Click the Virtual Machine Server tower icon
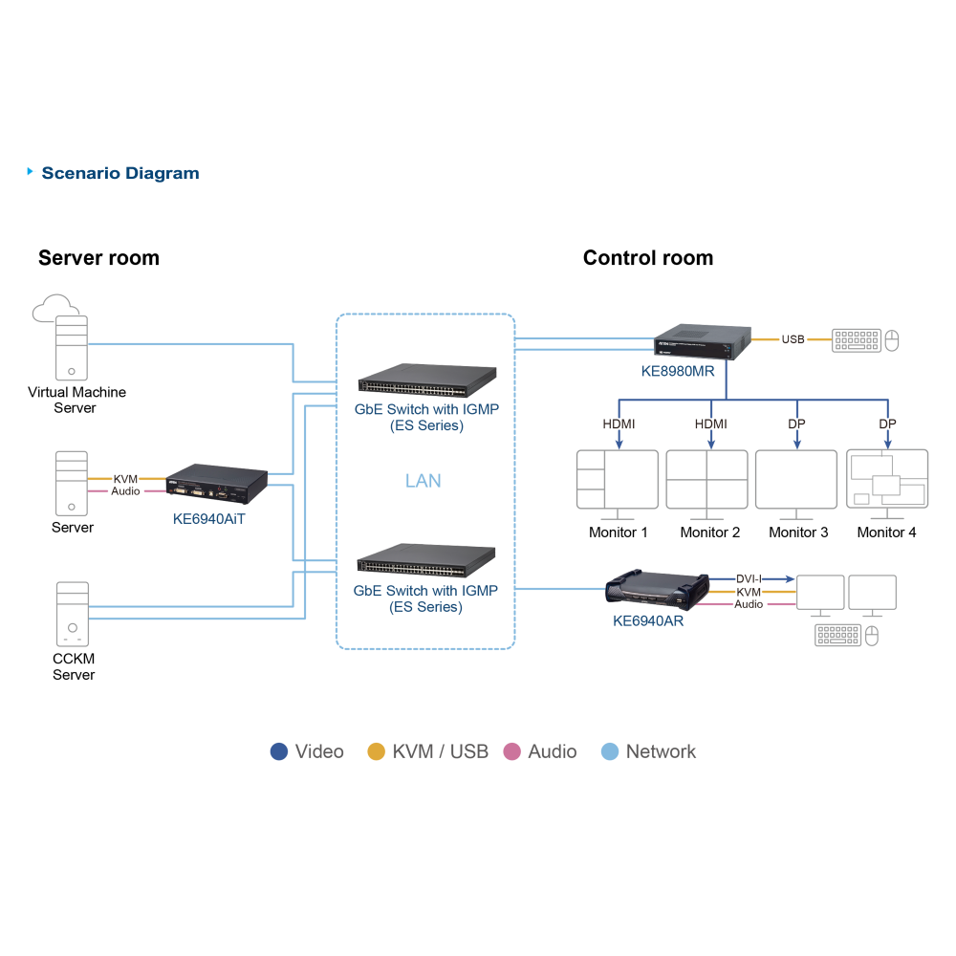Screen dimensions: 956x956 click(72, 348)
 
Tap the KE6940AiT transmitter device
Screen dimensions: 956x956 click(216, 484)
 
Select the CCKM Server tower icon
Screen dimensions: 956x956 click(73, 614)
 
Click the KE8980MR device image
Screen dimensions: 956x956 click(703, 342)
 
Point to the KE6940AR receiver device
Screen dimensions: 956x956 click(658, 590)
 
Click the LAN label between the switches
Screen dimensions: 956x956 click(424, 481)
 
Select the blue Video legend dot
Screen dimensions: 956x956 click(278, 751)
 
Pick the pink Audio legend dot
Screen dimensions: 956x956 click(512, 751)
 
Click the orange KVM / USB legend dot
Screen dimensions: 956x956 click(376, 751)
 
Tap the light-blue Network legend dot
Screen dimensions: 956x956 click(610, 751)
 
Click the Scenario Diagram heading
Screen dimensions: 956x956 click(120, 173)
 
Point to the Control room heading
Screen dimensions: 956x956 click(648, 258)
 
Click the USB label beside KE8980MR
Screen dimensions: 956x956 click(793, 339)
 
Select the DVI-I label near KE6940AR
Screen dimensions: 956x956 click(749, 578)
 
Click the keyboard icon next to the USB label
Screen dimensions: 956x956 click(857, 340)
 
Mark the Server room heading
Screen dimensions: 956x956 click(98, 258)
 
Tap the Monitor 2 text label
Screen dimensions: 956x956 click(710, 532)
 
